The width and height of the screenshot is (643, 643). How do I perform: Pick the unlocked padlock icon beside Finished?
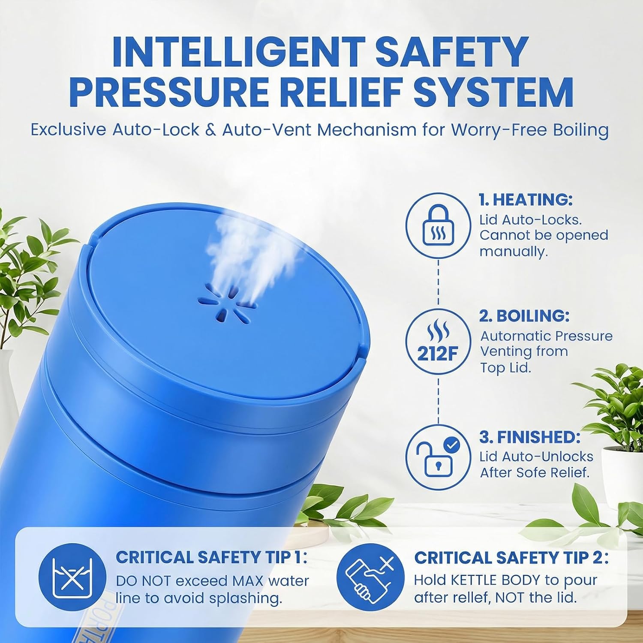point(438,458)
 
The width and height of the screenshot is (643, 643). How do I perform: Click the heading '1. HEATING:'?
point(526,200)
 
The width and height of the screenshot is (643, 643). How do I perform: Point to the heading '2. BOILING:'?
point(524,316)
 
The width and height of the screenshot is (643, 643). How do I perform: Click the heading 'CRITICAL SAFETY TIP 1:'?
point(211,557)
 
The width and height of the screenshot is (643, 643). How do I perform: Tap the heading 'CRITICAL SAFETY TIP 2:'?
point(511,558)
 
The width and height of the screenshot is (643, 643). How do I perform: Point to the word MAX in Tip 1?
point(248,581)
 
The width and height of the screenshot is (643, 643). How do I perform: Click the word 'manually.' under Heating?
point(514,252)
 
